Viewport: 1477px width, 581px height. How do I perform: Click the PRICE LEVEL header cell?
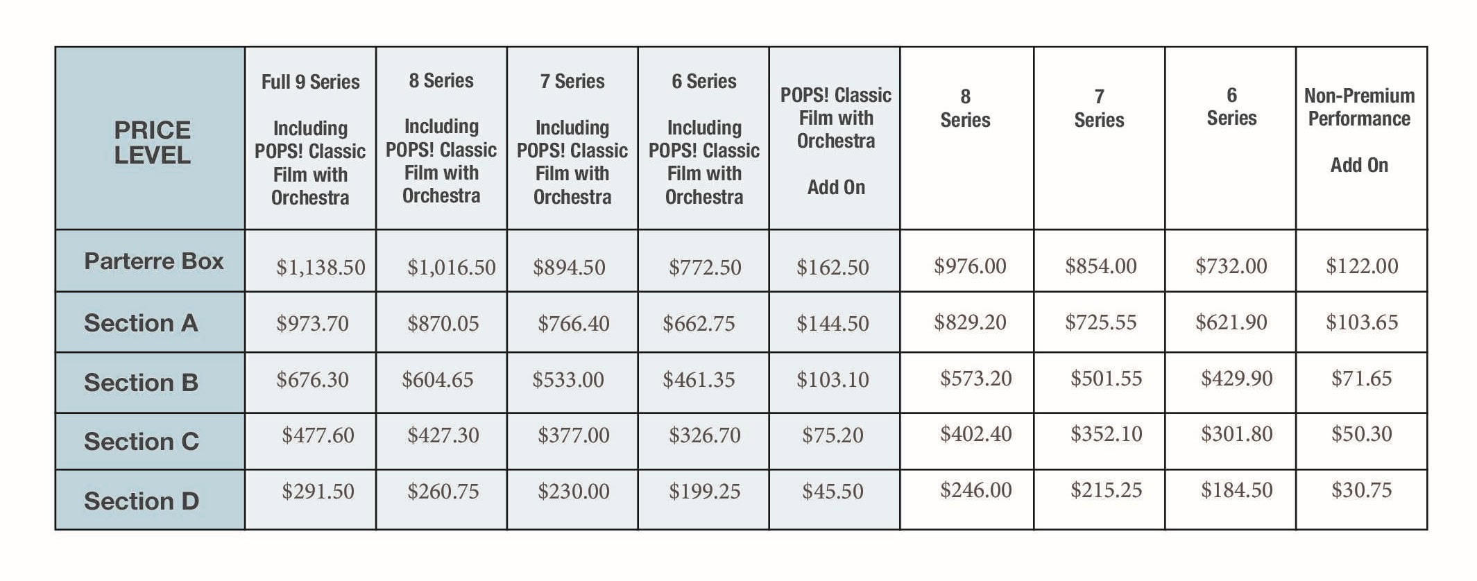(152, 142)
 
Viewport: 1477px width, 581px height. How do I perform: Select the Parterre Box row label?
(153, 261)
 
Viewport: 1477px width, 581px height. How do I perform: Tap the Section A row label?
(141, 323)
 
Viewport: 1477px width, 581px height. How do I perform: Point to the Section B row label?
(141, 383)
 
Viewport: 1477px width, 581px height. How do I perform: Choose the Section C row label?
(141, 442)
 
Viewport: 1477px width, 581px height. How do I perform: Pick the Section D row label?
(141, 501)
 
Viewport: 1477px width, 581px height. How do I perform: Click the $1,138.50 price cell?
(321, 268)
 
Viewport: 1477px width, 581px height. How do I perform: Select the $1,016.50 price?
(451, 268)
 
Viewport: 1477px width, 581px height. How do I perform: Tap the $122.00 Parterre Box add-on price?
(1361, 266)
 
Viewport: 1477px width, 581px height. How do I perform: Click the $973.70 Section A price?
(312, 324)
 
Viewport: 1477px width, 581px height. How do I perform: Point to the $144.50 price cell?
(833, 324)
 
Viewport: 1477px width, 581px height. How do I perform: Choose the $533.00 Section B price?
(567, 380)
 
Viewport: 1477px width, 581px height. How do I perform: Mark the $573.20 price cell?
(975, 379)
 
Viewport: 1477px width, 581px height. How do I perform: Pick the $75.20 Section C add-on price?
(833, 435)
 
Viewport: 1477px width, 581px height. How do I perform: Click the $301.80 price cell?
(1236, 434)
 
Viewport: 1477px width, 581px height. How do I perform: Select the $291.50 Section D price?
(318, 492)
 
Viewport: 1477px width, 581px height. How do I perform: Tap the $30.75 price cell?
(1361, 490)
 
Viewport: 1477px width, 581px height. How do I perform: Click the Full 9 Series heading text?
(310, 82)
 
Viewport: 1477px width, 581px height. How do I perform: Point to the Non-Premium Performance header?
(1358, 107)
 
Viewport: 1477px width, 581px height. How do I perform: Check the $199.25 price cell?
(704, 492)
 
